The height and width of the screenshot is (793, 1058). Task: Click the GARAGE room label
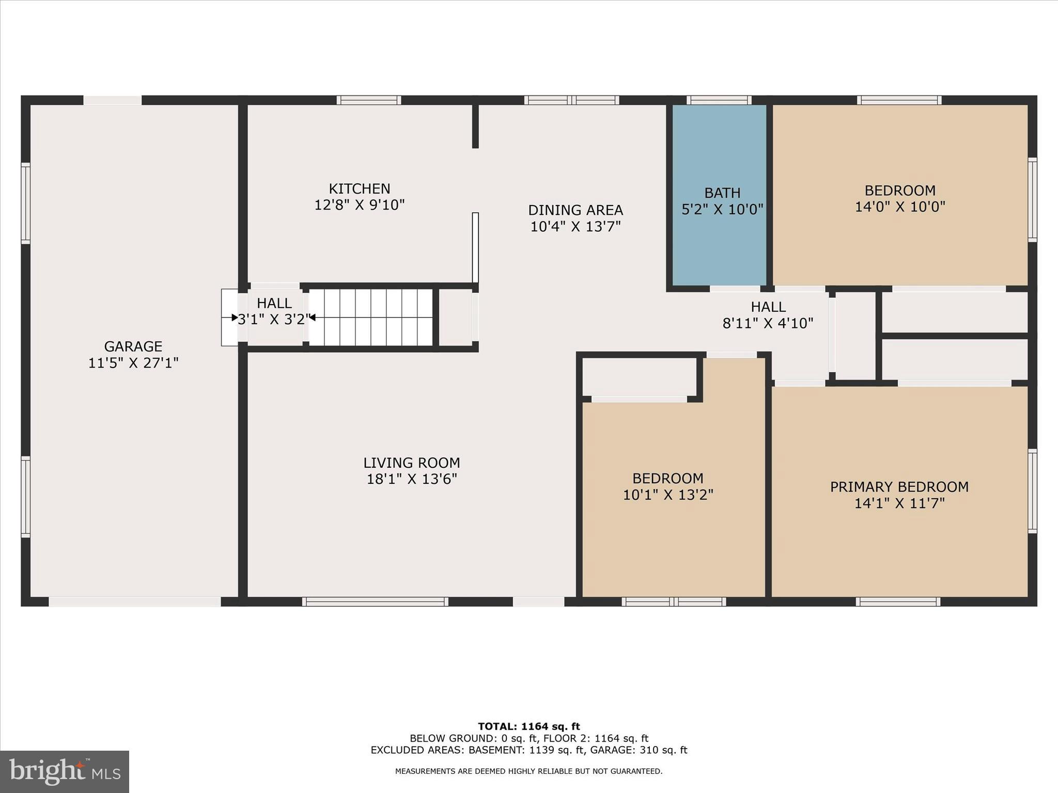pos(133,346)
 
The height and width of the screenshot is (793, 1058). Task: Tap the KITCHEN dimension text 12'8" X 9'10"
pos(359,205)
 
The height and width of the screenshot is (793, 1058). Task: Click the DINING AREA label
pos(575,210)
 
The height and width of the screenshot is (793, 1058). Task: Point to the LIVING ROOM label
pos(411,463)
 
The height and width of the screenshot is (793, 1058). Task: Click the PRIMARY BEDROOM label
pos(899,487)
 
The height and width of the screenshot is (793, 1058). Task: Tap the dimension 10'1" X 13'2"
pos(667,495)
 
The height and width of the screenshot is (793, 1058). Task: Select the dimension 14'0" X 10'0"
pos(899,207)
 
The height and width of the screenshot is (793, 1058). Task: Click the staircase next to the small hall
pos(370,318)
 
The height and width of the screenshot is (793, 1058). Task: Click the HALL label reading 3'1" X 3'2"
pos(274,311)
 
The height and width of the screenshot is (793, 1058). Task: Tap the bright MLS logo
pos(65,771)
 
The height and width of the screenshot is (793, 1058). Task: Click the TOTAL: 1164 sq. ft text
pos(528,727)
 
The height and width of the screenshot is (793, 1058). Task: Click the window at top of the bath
pos(719,100)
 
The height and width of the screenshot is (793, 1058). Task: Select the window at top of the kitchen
pos(369,100)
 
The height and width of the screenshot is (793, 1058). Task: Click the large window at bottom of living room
pos(375,601)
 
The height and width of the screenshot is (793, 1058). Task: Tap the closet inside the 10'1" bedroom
pos(639,377)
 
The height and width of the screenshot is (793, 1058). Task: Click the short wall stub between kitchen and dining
pos(475,126)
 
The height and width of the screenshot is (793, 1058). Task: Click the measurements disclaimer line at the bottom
pos(528,771)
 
